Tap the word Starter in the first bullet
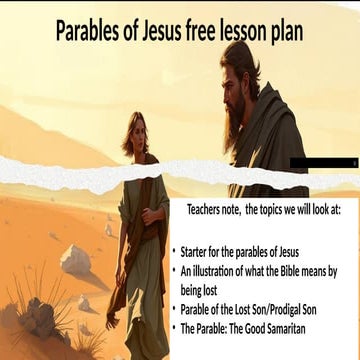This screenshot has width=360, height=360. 196,252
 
